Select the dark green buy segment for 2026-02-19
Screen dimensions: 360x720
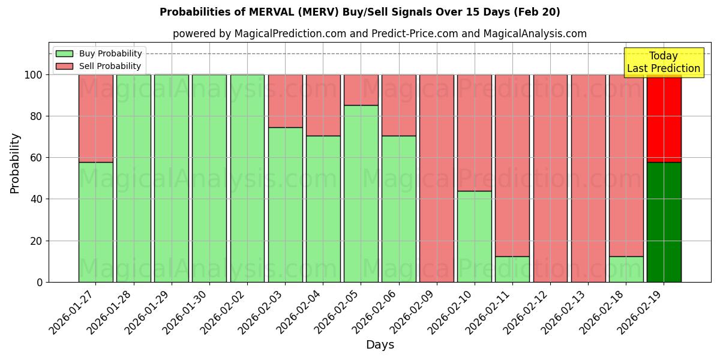664,222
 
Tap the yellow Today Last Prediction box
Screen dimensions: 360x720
663,62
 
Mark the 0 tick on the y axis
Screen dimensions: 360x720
40,282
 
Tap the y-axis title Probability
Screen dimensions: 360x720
15,163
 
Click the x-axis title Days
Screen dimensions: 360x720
380,345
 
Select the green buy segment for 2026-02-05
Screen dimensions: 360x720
361,193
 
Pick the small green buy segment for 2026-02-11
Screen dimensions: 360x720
512,269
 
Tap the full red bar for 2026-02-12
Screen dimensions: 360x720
550,178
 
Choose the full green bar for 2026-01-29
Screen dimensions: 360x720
171,178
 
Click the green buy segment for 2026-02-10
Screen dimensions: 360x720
475,236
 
